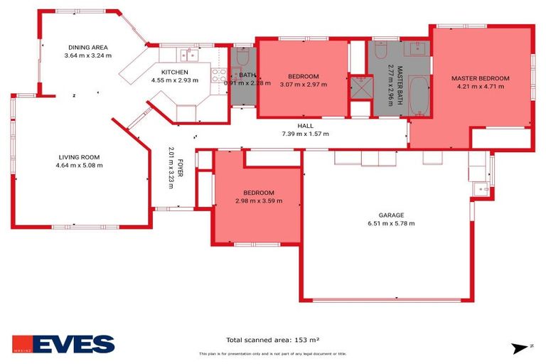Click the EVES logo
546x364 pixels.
point(63,344)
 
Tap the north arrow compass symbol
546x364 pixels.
point(518,348)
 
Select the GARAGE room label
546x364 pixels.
point(390,215)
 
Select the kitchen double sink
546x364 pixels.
point(188,55)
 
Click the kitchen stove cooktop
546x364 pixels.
point(219,74)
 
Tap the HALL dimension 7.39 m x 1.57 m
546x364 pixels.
point(305,134)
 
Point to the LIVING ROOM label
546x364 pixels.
point(79,157)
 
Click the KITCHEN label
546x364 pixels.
point(175,73)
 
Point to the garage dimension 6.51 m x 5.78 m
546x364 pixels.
point(390,223)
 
